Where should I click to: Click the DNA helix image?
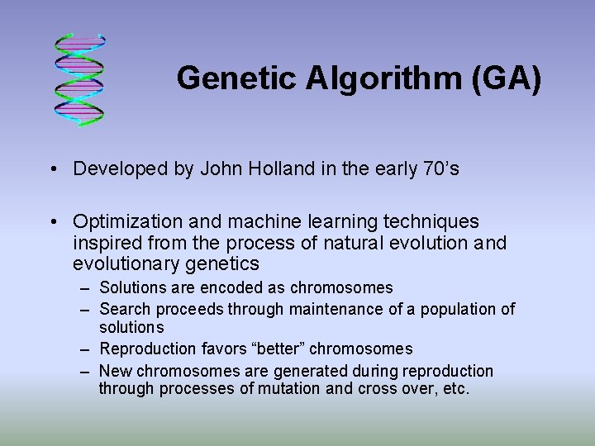tap(80, 79)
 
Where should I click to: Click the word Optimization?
tap(124, 222)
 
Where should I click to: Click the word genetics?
tap(223, 264)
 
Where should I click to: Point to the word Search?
tap(122, 309)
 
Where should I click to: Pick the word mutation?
tap(292, 388)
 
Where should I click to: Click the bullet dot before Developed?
tap(53, 170)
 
